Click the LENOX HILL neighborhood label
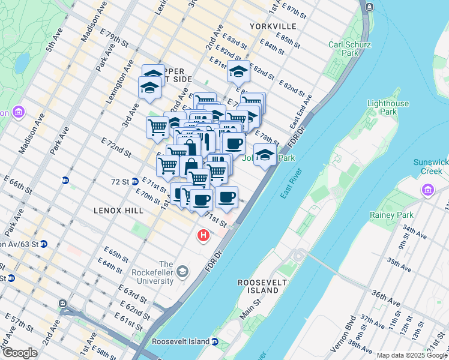(118, 211)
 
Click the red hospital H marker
(203, 236)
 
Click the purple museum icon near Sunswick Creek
(428, 191)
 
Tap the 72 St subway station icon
(136, 181)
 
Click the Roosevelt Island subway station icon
(215, 342)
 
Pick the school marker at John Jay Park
(265, 155)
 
